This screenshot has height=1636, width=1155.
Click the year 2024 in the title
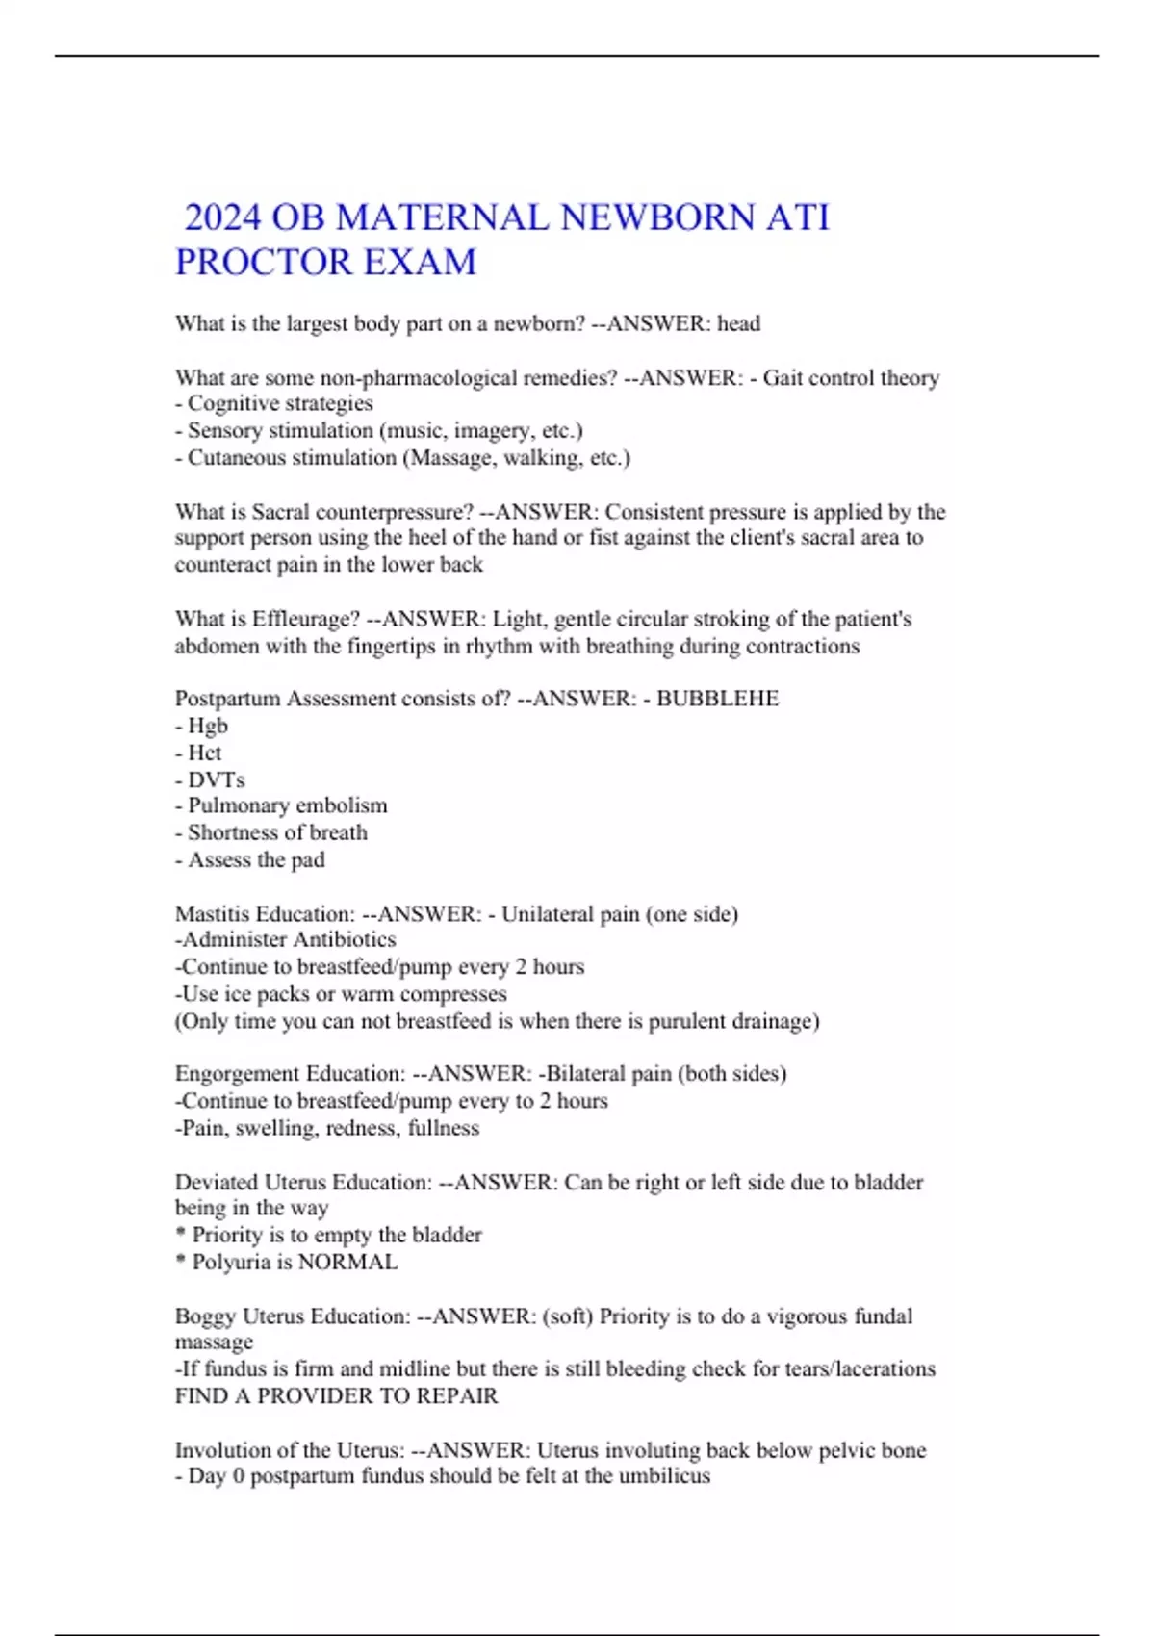pos(222,217)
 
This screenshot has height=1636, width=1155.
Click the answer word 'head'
pos(738,323)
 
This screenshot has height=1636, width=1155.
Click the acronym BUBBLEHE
pos(717,699)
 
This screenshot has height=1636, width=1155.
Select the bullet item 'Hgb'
pos(208,726)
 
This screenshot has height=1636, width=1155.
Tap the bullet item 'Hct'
pos(204,753)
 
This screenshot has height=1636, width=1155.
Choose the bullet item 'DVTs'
pos(217,780)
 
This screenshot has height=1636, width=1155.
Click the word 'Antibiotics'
pos(344,939)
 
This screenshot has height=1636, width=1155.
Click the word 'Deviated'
pos(217,1182)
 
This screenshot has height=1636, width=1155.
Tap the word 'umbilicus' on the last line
pos(664,1476)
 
